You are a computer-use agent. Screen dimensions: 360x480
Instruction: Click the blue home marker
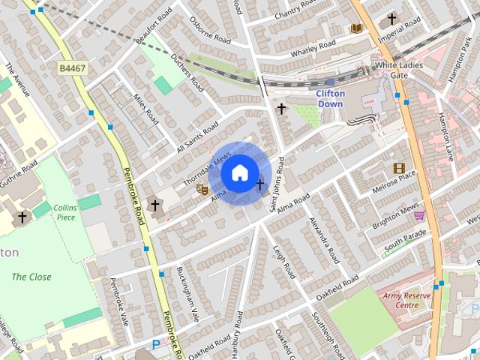pos(239,173)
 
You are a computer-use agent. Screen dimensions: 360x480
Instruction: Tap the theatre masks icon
pos(201,190)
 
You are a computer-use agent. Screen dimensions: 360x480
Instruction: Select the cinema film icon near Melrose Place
pos(398,168)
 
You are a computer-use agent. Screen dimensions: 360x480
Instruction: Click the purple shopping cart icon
pos(418,215)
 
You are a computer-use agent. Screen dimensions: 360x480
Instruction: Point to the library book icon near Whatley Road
pos(356,28)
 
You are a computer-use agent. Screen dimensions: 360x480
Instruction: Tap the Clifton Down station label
pos(330,98)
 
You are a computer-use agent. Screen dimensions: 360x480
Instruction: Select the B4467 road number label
pos(73,68)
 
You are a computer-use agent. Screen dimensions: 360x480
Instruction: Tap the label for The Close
pos(31,277)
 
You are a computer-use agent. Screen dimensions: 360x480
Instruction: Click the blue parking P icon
pos(156,344)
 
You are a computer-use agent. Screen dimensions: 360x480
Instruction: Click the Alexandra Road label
pos(319,240)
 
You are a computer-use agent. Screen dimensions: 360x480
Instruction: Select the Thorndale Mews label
pos(207,169)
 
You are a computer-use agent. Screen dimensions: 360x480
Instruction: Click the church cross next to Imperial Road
pos(391,18)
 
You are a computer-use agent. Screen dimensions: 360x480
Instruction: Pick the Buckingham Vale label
pos(187,291)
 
